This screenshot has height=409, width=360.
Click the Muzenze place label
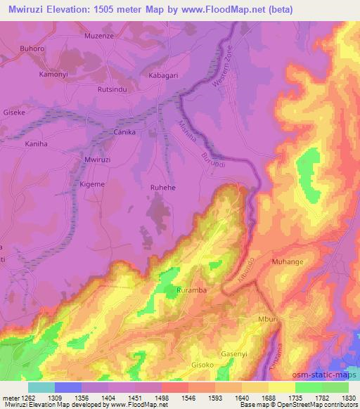click(99, 34)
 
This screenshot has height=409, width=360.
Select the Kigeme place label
click(92, 183)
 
